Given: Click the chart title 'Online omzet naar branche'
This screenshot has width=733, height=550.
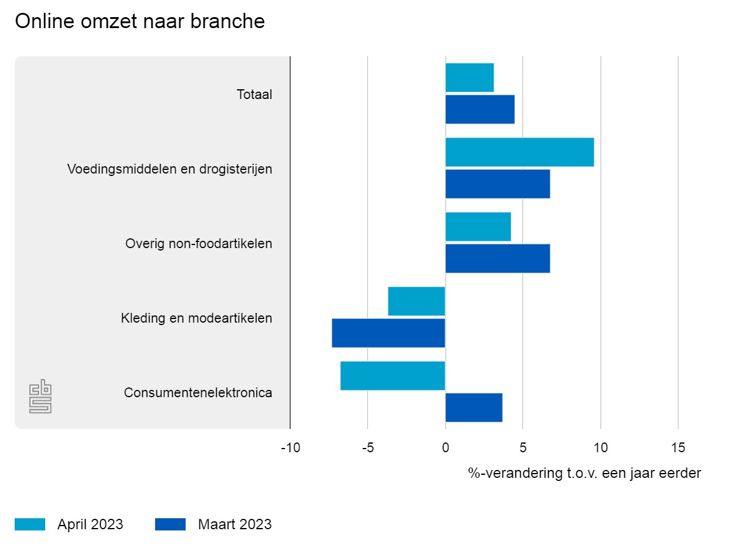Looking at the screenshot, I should (140, 21).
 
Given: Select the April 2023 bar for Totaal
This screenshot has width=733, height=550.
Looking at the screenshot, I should (469, 78).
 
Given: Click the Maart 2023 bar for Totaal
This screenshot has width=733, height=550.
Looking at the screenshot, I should (480, 109).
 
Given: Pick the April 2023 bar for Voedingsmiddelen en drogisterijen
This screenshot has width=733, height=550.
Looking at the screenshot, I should (519, 152).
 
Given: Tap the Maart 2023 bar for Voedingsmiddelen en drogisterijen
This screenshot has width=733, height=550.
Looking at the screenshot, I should (497, 184).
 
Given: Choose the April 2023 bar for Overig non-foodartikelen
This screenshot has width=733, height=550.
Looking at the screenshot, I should (478, 227).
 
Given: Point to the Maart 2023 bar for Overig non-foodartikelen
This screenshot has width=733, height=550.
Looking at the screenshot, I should (497, 258).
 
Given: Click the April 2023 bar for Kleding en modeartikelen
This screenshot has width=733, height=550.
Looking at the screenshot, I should (417, 301).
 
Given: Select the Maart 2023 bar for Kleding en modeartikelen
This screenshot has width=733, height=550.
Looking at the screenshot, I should (388, 333).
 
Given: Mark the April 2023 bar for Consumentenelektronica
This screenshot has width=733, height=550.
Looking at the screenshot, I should (393, 376).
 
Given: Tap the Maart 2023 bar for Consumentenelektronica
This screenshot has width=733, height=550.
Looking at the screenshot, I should (473, 408).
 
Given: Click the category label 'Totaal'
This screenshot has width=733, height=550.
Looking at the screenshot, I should (254, 95).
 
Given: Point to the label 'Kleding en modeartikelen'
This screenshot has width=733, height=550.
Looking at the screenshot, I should (196, 318).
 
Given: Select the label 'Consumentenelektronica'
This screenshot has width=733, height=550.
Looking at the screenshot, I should (198, 393).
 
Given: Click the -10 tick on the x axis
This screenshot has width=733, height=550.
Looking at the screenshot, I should (290, 448).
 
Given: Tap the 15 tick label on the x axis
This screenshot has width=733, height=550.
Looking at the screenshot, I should (678, 448).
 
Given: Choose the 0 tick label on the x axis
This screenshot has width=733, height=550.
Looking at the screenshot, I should (445, 448).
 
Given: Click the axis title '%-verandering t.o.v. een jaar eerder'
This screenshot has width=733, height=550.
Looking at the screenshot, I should (585, 473).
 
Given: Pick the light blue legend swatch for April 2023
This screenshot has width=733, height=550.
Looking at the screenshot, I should (30, 524).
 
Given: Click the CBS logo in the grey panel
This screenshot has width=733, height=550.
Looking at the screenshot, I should (40, 397).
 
